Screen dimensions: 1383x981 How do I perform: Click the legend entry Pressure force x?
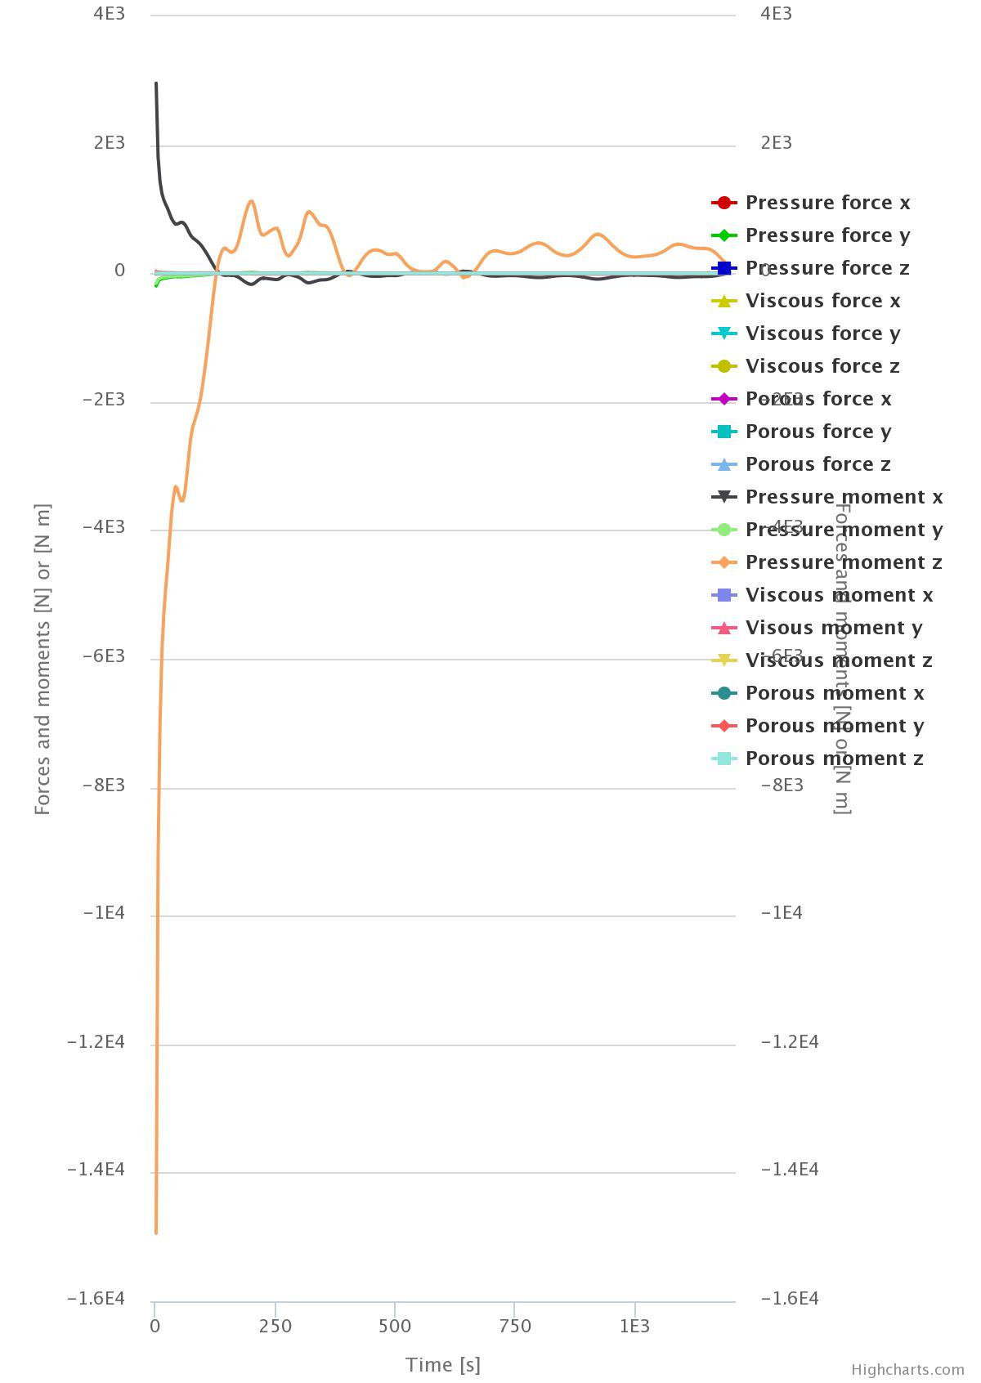(827, 203)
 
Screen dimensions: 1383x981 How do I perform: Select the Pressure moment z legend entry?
(844, 562)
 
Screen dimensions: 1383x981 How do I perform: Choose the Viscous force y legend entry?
(822, 333)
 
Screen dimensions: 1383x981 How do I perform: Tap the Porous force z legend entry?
(817, 464)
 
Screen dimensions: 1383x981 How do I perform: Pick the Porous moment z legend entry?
(834, 759)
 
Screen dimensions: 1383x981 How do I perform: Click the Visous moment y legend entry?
(833, 628)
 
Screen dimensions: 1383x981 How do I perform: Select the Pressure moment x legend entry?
(844, 497)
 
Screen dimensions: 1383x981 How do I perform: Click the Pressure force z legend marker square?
(724, 268)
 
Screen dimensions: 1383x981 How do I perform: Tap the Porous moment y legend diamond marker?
(724, 726)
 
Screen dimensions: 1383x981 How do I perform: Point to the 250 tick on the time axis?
(275, 1326)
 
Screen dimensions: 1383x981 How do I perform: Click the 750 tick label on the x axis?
(515, 1326)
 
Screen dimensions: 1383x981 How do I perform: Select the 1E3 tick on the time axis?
(634, 1326)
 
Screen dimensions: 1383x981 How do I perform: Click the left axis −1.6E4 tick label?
(96, 1299)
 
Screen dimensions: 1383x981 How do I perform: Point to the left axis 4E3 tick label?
(110, 14)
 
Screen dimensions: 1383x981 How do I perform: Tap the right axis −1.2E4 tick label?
(789, 1042)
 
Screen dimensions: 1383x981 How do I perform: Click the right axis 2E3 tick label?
(776, 143)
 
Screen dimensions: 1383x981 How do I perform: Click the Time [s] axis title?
(443, 1364)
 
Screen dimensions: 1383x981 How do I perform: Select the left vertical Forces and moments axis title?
(43, 659)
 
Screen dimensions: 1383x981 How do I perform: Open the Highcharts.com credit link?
(907, 1370)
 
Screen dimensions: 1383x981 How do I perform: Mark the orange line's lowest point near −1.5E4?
(156, 1232)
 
